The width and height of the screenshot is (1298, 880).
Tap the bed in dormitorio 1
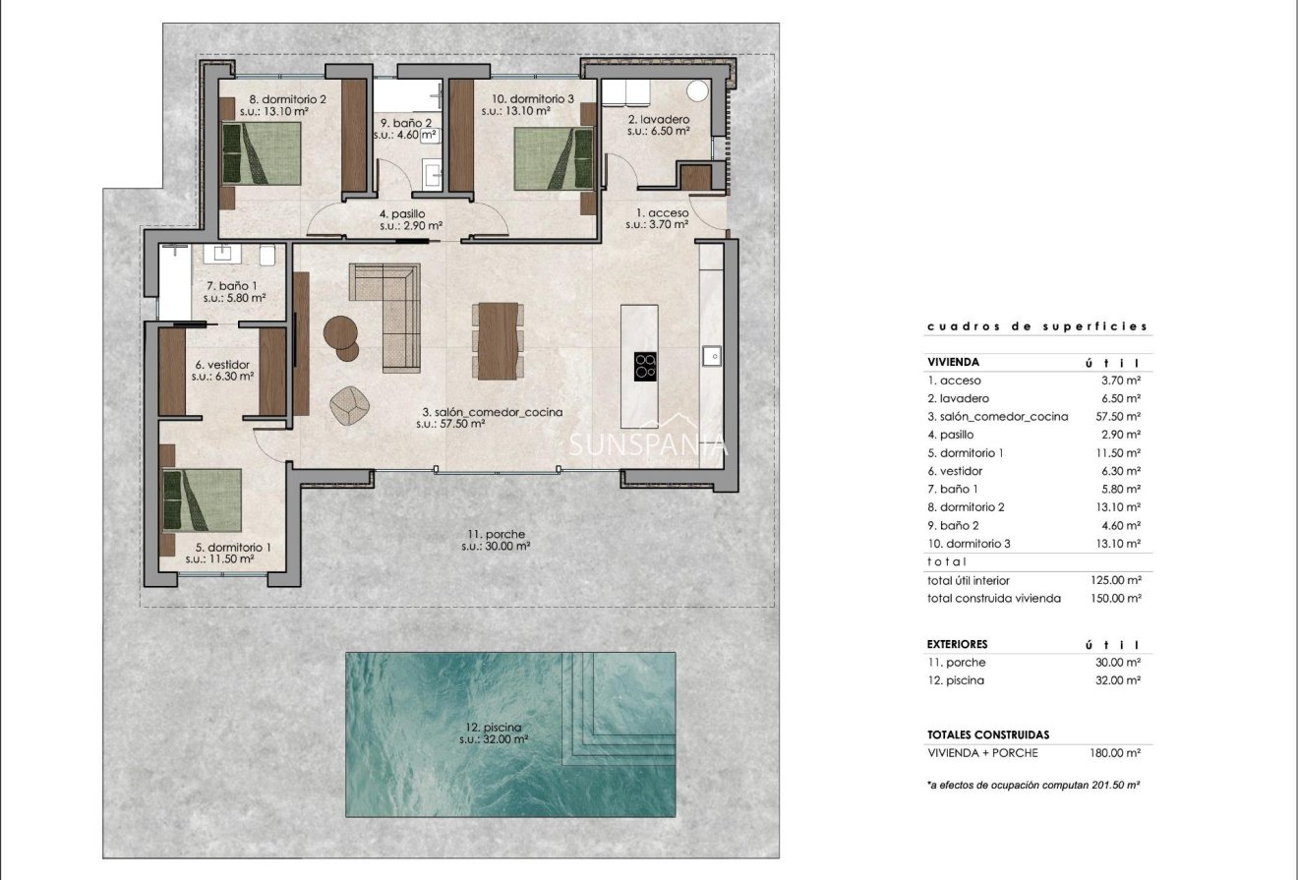point(202,499)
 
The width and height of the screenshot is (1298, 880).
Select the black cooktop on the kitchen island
point(645,366)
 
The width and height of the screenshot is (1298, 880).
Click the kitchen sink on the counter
point(710,354)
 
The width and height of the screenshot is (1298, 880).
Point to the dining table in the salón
point(497,339)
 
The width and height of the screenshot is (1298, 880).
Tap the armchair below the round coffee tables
point(349,406)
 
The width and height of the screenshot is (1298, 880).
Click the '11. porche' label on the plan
point(496,535)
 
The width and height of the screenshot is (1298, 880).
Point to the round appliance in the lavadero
point(698,91)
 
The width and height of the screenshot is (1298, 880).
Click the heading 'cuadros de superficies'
point(1036,326)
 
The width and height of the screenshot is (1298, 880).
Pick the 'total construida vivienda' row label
point(993,598)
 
